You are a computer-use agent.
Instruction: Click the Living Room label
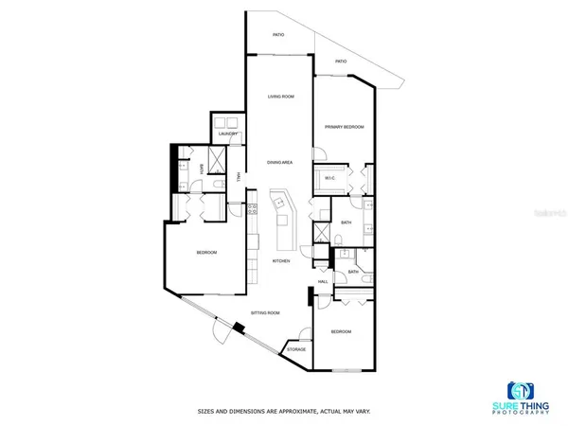[x=279, y=97]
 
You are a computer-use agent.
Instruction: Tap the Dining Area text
[x=279, y=163]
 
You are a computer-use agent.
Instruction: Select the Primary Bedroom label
[x=345, y=127]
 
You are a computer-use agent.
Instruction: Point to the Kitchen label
[x=281, y=260]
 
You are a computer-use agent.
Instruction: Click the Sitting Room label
[x=265, y=311]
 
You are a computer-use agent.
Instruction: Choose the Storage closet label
[x=296, y=349]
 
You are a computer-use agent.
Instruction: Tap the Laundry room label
[x=227, y=134]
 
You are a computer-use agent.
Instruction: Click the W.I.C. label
[x=330, y=178]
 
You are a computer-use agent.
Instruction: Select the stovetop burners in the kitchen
[x=253, y=211]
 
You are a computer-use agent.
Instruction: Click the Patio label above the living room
[x=279, y=35]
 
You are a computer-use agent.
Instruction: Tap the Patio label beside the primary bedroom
[x=340, y=62]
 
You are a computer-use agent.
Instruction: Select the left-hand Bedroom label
[x=206, y=252]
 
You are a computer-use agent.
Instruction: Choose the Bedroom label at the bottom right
[x=341, y=331]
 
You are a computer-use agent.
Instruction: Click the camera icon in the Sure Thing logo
[x=521, y=391]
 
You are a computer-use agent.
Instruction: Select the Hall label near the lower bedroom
[x=323, y=281]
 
